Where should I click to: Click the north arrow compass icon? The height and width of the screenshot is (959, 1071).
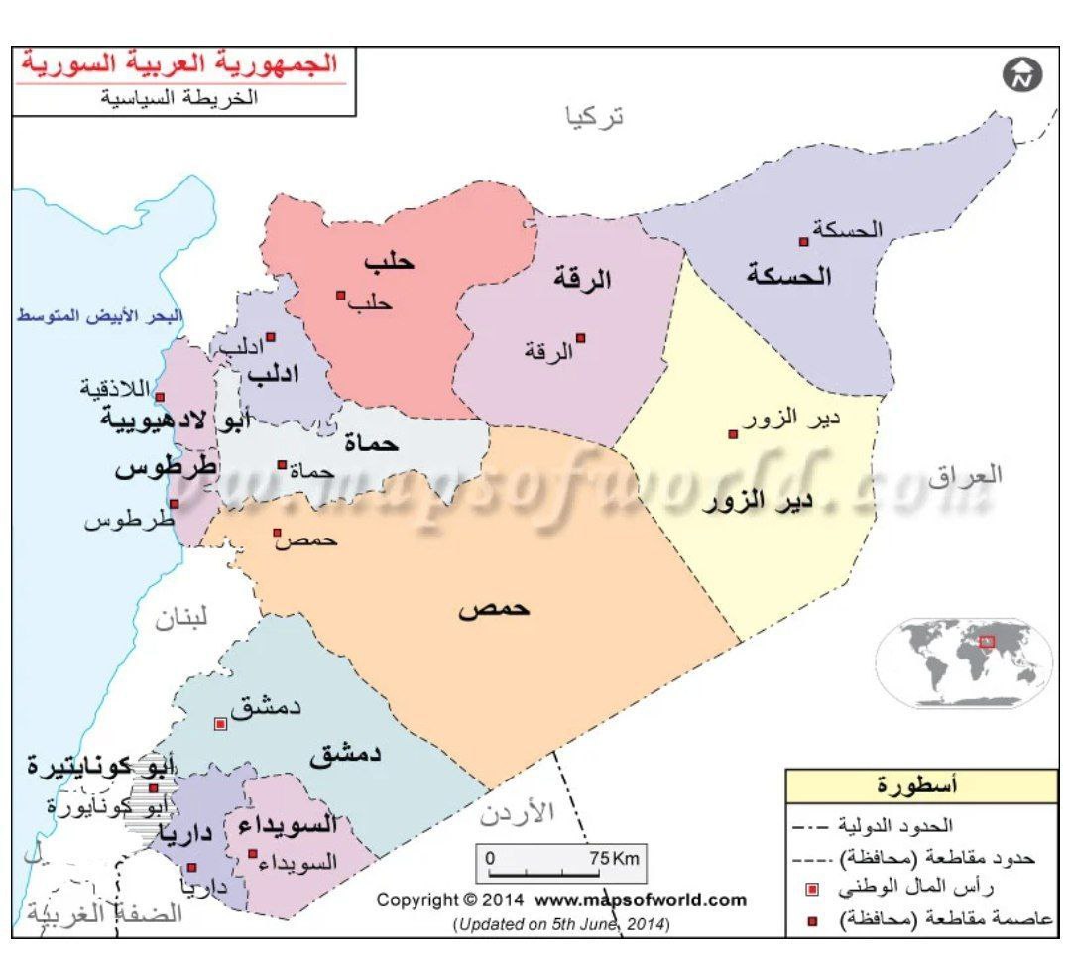1022,75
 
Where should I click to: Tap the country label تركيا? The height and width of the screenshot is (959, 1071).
595,117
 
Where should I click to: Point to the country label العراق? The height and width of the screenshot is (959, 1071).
965,475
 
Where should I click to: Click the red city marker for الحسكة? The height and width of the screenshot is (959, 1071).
804,241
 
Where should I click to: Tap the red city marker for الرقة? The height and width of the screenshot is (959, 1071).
580,338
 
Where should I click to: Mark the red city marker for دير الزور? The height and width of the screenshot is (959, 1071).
733,434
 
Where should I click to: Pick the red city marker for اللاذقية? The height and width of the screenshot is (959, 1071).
160,396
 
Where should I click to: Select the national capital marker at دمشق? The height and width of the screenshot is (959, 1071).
221,724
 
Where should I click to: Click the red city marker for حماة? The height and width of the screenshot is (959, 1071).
283,464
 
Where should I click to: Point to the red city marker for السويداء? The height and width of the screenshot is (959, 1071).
253,854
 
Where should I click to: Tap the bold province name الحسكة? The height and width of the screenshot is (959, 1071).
788,276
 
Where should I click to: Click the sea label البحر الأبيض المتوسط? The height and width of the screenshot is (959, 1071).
99,316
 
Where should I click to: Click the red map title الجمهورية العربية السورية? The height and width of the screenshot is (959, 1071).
180,64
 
